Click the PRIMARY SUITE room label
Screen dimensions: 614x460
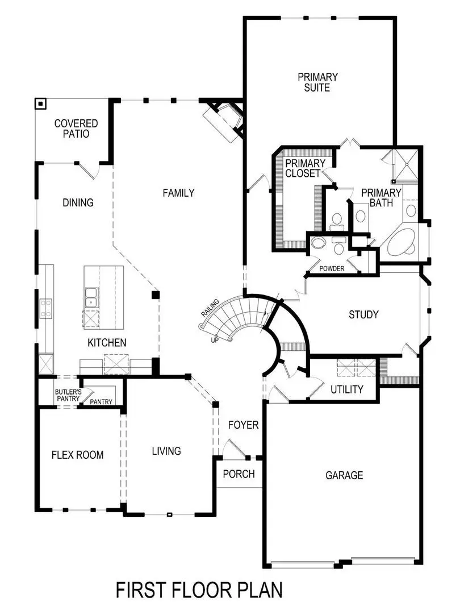tap(318, 82)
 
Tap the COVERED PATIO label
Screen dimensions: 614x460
tap(76, 128)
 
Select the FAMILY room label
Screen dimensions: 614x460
tap(178, 193)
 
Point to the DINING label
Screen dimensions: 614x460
tap(78, 202)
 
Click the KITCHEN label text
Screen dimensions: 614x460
tap(107, 343)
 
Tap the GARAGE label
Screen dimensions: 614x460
tap(344, 475)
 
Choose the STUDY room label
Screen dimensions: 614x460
tap(363, 314)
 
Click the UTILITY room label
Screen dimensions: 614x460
tap(346, 389)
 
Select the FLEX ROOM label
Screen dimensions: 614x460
tap(78, 454)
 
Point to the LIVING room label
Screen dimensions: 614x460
tap(166, 451)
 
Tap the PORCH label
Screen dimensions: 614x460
tap(239, 474)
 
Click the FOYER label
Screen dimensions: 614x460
tap(243, 425)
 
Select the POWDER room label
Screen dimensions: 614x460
tap(332, 268)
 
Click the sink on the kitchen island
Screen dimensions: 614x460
tap(91, 296)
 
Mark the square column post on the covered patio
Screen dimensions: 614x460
tap(40, 103)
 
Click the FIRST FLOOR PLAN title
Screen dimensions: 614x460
tap(199, 590)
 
